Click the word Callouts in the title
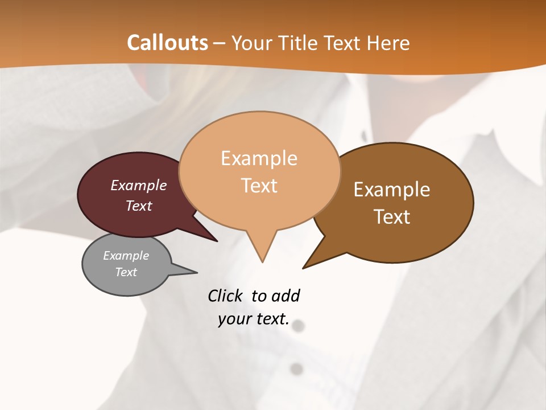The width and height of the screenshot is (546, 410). pyautogui.click(x=167, y=43)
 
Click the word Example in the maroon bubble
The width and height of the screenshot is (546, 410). pyautogui.click(x=139, y=185)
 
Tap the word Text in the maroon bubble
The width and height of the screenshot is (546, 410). pyautogui.click(x=139, y=206)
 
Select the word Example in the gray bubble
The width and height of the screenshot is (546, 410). pyautogui.click(x=126, y=256)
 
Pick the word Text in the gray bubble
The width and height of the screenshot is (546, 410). pyautogui.click(x=126, y=272)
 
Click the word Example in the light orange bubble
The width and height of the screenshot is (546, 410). pyautogui.click(x=259, y=158)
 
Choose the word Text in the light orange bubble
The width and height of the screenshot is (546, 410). pyautogui.click(x=259, y=186)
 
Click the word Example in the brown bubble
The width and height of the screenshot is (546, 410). pyautogui.click(x=392, y=189)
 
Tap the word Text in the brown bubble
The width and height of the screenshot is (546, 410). pyautogui.click(x=392, y=216)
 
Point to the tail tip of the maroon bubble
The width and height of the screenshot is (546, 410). pyautogui.click(x=217, y=241)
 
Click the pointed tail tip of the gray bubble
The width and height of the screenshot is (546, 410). pyautogui.click(x=197, y=272)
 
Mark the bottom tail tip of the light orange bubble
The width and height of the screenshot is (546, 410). pyautogui.click(x=262, y=262)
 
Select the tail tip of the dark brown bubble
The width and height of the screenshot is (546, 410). pyautogui.click(x=303, y=268)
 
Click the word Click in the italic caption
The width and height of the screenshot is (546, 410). pyautogui.click(x=225, y=296)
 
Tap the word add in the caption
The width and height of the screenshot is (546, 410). pyautogui.click(x=286, y=296)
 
